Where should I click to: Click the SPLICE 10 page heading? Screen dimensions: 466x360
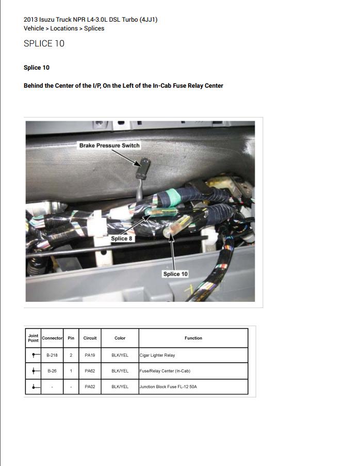pos(44,44)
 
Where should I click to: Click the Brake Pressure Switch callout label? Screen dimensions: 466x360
pos(109,146)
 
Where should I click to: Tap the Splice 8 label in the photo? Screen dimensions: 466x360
pos(122,239)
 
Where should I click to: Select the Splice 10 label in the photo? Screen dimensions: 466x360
pos(175,274)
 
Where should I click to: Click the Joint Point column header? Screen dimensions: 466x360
pos(33,338)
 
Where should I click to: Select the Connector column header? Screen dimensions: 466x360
pos(52,338)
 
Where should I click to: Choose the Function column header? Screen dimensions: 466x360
pos(193,338)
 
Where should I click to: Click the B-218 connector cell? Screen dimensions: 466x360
pos(52,356)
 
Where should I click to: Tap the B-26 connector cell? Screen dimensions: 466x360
pos(52,371)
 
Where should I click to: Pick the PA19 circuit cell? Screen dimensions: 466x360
pos(90,356)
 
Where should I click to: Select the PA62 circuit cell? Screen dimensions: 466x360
pos(90,371)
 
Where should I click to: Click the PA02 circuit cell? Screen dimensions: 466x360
pos(90,387)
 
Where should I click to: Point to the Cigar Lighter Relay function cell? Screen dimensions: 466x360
pos(157,356)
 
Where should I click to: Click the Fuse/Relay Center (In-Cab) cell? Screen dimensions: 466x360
pos(165,371)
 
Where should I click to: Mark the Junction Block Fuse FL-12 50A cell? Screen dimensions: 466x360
pos(168,387)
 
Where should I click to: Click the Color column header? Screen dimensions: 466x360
pos(120,338)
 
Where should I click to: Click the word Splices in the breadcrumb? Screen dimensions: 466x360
pos(94,28)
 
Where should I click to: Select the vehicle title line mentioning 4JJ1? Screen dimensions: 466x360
pos(91,20)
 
